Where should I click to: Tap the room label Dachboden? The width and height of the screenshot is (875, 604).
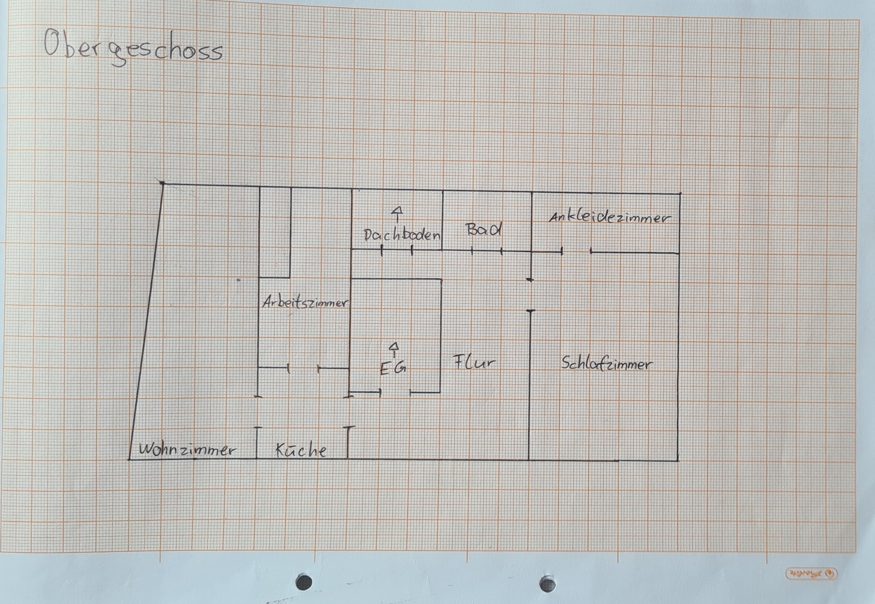point(402,235)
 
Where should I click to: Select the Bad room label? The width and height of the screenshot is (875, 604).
point(484,229)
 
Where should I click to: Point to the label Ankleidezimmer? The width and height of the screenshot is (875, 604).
point(610,217)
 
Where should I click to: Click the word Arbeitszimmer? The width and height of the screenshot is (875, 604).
point(305,303)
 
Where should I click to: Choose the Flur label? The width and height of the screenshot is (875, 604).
point(474,362)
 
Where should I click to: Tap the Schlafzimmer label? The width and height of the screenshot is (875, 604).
point(607,364)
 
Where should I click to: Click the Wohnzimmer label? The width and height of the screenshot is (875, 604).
point(187,450)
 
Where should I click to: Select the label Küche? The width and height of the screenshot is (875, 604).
point(301,450)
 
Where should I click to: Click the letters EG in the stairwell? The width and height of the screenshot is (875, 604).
point(393,368)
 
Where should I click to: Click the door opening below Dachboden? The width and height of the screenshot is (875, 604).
point(397,250)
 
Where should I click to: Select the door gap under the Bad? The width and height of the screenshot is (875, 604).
point(487,250)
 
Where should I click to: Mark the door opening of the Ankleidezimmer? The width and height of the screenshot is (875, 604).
point(576,251)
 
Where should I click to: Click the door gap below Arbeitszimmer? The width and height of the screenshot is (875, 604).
point(303,368)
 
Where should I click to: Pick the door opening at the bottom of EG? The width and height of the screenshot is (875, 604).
point(395,391)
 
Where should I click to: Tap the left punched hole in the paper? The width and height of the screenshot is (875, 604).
point(304,582)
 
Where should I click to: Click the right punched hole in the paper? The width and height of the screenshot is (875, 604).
point(547,584)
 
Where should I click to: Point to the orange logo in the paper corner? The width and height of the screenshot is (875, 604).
point(812,573)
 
